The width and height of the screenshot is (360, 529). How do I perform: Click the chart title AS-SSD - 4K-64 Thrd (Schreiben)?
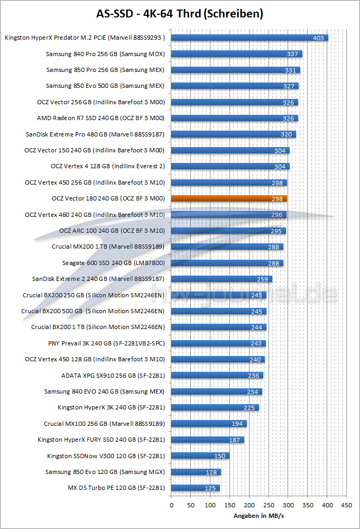(180, 13)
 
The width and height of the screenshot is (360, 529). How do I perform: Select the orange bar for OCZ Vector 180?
(229, 199)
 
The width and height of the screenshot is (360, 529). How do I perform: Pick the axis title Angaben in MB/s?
(259, 516)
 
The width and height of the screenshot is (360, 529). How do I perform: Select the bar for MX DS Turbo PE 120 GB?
(195, 488)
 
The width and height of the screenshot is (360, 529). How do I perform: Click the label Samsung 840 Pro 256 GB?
(105, 54)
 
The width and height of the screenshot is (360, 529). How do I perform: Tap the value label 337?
(293, 54)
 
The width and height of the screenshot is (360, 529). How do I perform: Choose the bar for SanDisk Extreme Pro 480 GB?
(233, 134)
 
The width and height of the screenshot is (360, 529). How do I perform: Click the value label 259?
(263, 279)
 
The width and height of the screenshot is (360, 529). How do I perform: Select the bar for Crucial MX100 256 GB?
(209, 424)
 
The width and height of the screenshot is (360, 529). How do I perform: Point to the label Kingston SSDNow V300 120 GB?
(106, 455)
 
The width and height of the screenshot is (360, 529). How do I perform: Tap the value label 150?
(220, 456)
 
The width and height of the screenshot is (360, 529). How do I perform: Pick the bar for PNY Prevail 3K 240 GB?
(218, 343)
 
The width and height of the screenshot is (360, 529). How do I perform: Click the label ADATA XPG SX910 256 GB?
(113, 376)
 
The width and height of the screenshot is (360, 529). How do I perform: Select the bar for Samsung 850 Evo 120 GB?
(196, 472)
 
